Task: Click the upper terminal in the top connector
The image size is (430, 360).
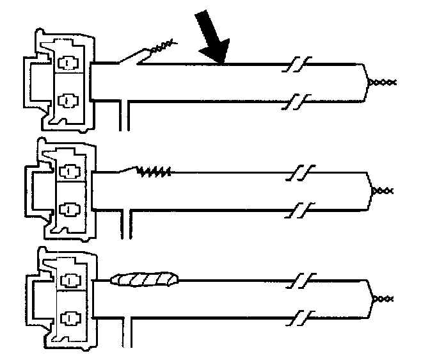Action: click(x=66, y=63)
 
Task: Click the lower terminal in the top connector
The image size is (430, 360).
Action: click(x=66, y=100)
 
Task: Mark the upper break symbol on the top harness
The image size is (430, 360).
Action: click(x=298, y=64)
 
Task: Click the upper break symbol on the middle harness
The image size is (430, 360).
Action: click(x=299, y=172)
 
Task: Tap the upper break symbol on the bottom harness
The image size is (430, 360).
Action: click(x=299, y=280)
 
